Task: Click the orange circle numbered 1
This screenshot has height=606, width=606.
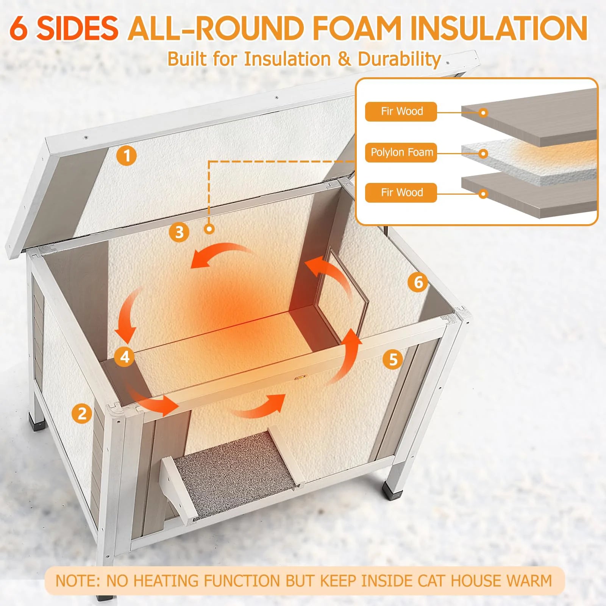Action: point(126,156)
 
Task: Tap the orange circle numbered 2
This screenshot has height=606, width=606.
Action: point(82,413)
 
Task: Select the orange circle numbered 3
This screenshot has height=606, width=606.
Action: point(179,232)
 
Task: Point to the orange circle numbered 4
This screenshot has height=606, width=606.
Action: point(125,357)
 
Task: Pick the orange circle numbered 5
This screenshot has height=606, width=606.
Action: point(393,359)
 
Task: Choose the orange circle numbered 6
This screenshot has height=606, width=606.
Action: point(418,282)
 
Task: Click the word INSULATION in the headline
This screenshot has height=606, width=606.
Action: point(498,28)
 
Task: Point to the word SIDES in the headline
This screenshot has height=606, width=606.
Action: point(77,28)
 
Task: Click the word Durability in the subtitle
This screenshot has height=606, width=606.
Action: point(399,59)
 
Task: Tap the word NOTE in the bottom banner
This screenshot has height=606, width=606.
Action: point(78,581)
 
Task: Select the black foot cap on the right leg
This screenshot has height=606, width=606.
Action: point(392,491)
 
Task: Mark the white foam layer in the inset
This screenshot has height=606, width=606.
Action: point(530,161)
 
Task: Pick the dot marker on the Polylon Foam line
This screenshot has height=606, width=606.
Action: point(483,153)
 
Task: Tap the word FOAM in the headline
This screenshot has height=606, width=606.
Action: point(357,28)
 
